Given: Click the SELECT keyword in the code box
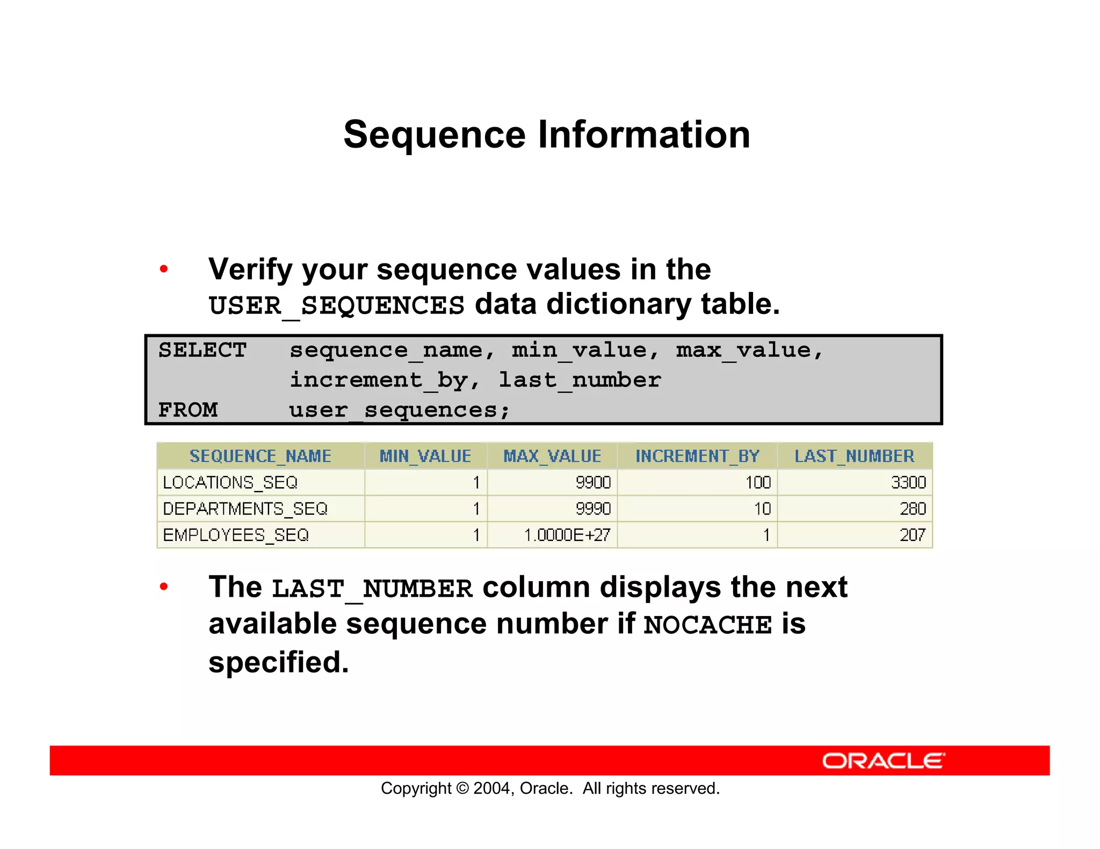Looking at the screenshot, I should click(x=202, y=350).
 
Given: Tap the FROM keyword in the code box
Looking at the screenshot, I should click(x=188, y=410).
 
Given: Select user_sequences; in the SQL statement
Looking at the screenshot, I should click(x=399, y=411).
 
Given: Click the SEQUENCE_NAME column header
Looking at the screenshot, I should click(x=260, y=456).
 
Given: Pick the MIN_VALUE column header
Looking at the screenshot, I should click(x=425, y=456).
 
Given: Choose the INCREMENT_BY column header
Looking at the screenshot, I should click(x=697, y=456).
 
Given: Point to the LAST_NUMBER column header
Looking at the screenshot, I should click(x=854, y=456).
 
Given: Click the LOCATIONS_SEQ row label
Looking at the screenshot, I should click(x=230, y=482).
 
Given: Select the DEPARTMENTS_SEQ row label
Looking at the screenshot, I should click(x=245, y=509).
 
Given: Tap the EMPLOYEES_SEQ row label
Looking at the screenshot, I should click(x=236, y=535).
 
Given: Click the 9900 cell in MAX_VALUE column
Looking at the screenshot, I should click(x=593, y=482).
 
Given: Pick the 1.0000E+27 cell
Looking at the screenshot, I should click(x=567, y=535).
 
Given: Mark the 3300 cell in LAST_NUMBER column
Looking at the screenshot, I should click(x=908, y=482).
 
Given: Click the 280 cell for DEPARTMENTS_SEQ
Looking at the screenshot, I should click(x=913, y=509).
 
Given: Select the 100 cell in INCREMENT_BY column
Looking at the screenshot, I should click(x=758, y=482).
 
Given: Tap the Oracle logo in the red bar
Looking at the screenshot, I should click(x=883, y=761).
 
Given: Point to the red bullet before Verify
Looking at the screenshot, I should click(x=164, y=269).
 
